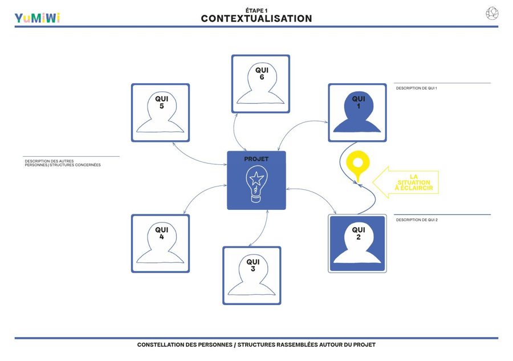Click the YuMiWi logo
point(37,18)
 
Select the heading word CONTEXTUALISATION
point(256,19)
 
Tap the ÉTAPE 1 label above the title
point(256,10)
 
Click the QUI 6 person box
point(260,84)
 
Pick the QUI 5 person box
point(160,112)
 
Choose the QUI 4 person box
point(160,244)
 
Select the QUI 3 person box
point(252,275)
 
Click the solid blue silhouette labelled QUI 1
point(357,113)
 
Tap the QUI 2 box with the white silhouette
point(357,244)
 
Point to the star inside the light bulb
point(256,179)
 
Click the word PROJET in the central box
point(256,159)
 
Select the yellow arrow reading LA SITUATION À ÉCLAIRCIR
point(405,182)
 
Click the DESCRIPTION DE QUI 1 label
point(417,88)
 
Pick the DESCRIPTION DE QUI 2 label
point(417,220)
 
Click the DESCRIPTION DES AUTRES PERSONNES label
point(63,163)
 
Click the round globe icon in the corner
point(492,14)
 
